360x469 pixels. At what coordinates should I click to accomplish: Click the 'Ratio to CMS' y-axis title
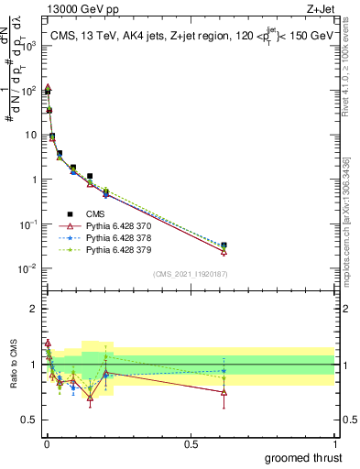coord(13,364)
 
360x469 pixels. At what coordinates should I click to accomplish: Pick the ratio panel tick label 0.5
coord(30,420)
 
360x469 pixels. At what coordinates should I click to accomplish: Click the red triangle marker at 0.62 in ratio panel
coord(224,392)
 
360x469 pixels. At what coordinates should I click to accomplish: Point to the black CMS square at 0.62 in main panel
coord(224,245)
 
